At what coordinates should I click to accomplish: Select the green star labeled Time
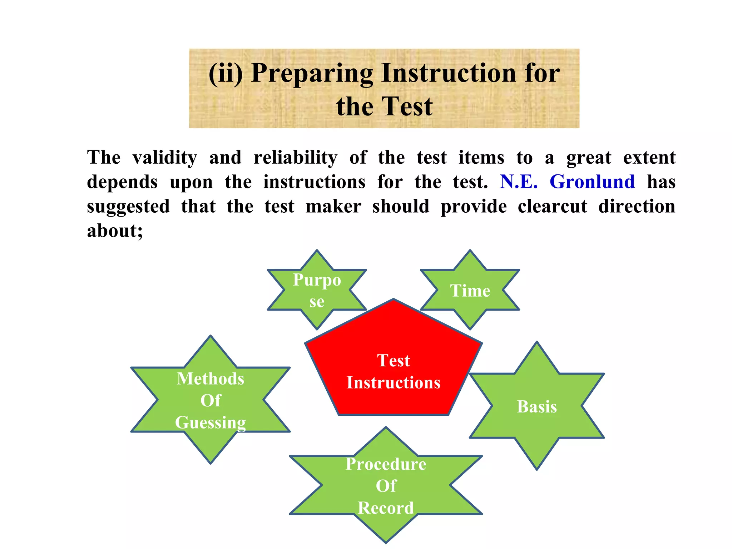click(x=470, y=290)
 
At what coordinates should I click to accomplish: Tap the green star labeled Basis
click(x=536, y=406)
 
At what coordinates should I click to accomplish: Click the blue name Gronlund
click(x=592, y=182)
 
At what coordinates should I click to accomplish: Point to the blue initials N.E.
click(x=519, y=182)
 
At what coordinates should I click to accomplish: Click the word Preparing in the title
click(x=312, y=73)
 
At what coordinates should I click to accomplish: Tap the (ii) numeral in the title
click(x=226, y=73)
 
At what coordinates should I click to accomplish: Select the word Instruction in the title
click(x=448, y=73)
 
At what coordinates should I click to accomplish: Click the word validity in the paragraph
click(x=164, y=158)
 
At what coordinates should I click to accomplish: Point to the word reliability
click(x=295, y=158)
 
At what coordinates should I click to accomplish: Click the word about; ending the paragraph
click(x=115, y=231)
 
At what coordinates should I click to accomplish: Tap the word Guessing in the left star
click(x=211, y=422)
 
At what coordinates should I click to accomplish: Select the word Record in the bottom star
click(x=386, y=508)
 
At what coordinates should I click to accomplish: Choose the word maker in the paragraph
click(x=333, y=207)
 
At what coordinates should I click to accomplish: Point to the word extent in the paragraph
click(x=649, y=158)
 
